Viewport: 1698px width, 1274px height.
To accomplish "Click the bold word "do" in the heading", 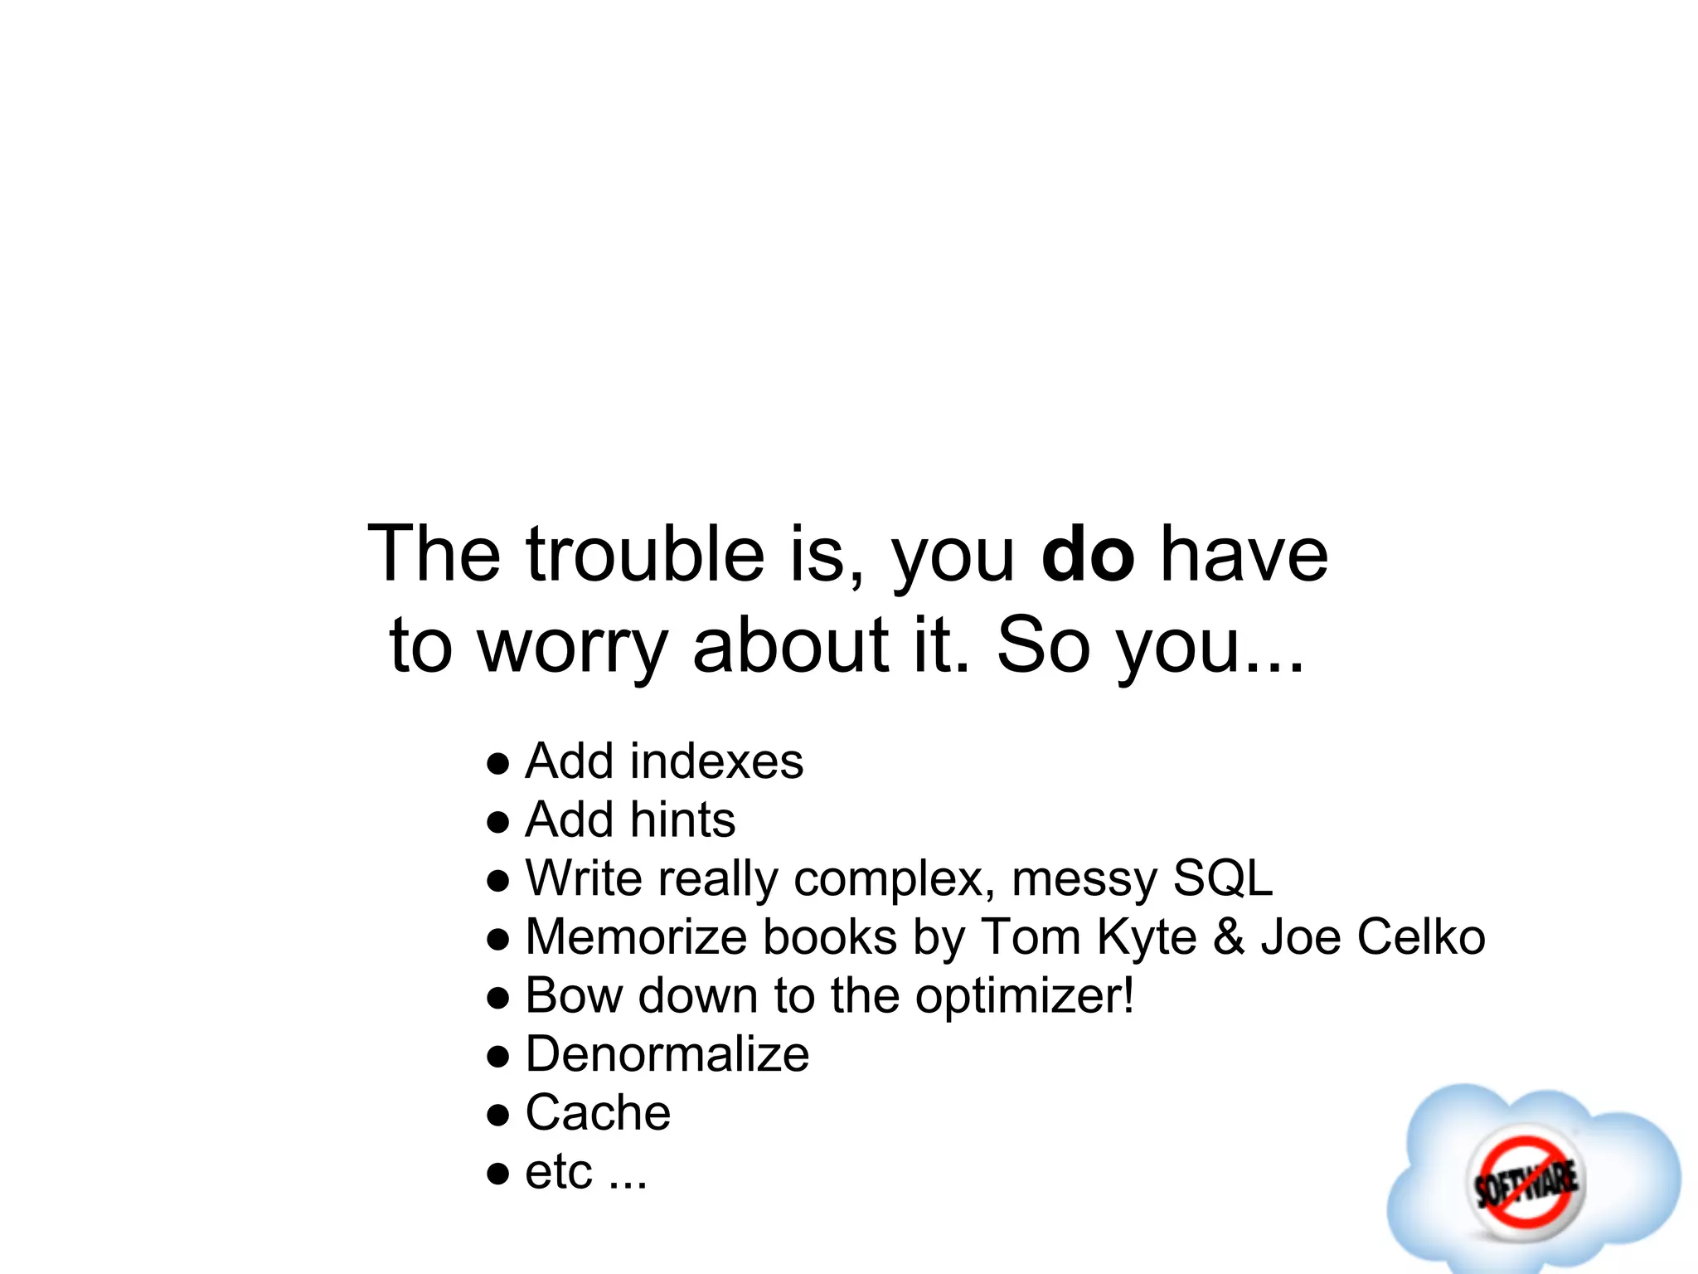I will (1087, 554).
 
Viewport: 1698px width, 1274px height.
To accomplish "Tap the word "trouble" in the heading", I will (645, 554).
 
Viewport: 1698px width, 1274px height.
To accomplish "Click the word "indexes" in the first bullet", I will (716, 761).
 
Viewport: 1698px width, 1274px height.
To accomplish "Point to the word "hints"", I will (682, 820).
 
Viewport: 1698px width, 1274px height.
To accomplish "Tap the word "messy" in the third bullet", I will (1083, 878).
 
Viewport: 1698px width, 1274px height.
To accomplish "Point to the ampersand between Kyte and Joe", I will (1229, 937).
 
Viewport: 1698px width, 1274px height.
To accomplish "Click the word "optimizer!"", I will (1024, 996).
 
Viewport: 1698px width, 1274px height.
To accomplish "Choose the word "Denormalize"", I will (667, 1055).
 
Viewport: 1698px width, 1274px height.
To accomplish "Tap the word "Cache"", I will (598, 1113).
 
